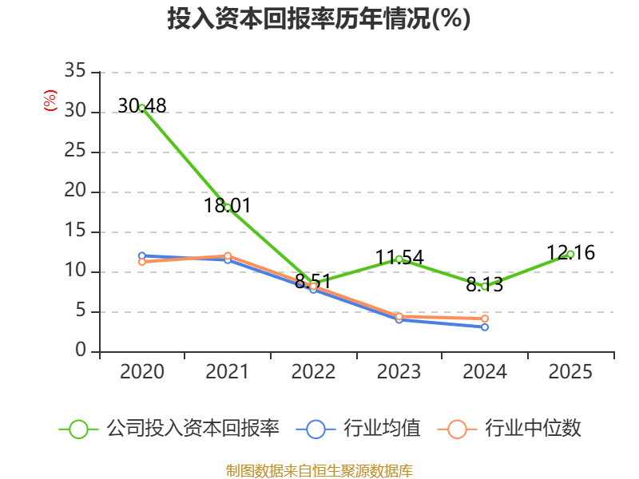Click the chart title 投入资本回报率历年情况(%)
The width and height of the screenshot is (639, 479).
pyautogui.click(x=319, y=19)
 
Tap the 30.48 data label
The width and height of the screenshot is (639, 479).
pyautogui.click(x=142, y=105)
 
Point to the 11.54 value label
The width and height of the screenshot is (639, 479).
pyautogui.click(x=399, y=258)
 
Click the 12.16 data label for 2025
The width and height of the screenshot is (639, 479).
pyautogui.click(x=571, y=253)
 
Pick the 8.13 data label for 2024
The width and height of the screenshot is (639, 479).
pyautogui.click(x=485, y=285)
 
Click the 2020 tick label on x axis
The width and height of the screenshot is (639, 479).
pyautogui.click(x=142, y=371)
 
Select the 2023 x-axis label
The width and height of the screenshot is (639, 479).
pyautogui.click(x=399, y=371)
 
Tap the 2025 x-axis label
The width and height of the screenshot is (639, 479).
pyautogui.click(x=571, y=371)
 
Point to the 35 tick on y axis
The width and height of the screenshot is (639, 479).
pyautogui.click(x=75, y=72)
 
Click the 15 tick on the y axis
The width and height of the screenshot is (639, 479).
pyautogui.click(x=75, y=232)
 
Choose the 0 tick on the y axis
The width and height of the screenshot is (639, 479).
pyautogui.click(x=81, y=351)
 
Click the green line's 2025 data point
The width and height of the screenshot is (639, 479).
pyautogui.click(x=570, y=254)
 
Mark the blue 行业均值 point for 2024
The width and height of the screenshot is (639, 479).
pyautogui.click(x=485, y=327)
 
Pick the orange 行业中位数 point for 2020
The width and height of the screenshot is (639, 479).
pyautogui.click(x=142, y=262)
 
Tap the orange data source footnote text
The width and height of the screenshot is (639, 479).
pyautogui.click(x=319, y=470)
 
